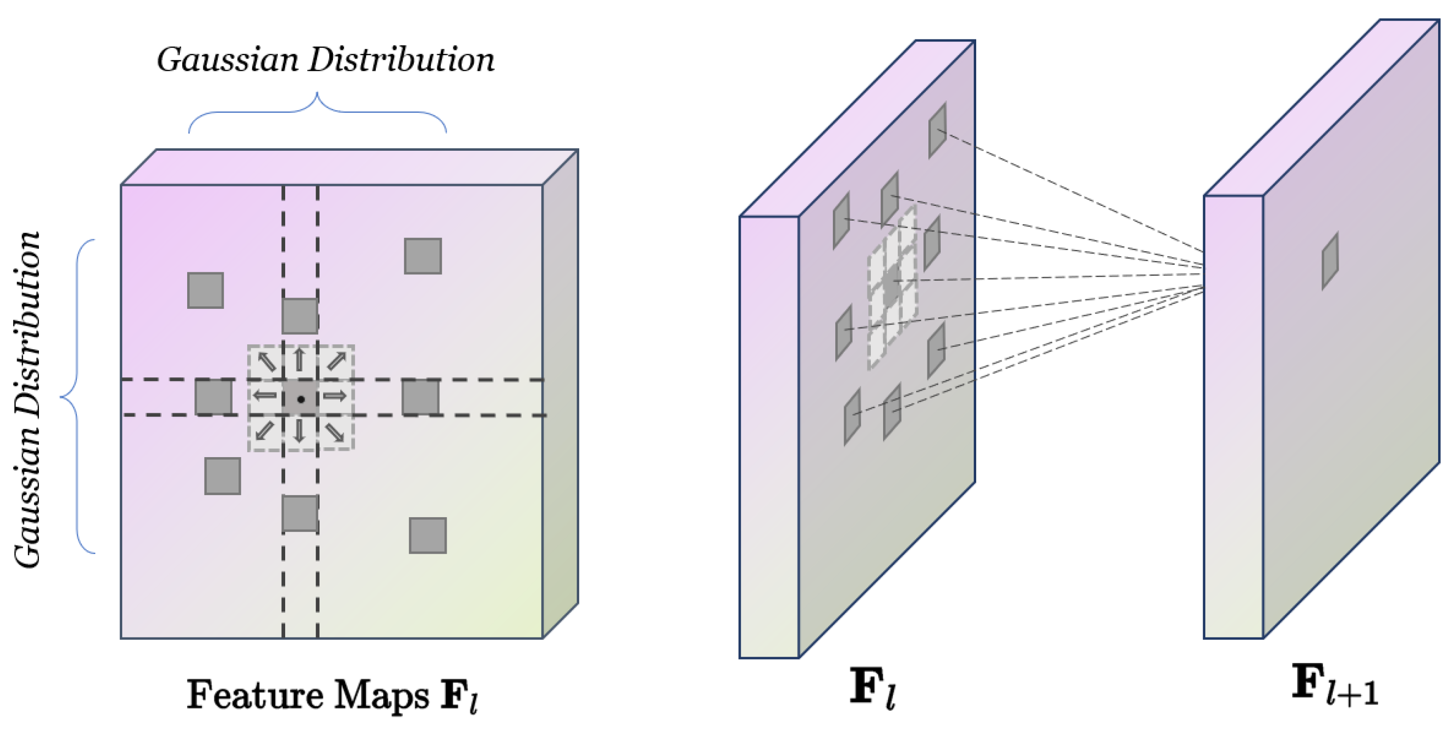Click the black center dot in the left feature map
click(x=301, y=399)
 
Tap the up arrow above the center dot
click(x=299, y=360)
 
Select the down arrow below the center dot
click(x=299, y=432)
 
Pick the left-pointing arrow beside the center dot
click(x=264, y=396)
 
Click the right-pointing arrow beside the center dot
click(x=335, y=396)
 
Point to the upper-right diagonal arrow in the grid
click(x=336, y=361)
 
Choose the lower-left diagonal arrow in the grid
click(x=264, y=431)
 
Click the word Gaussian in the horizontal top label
click(x=228, y=60)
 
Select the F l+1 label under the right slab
click(x=1334, y=685)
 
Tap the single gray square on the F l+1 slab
click(x=1330, y=261)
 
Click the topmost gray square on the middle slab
click(x=937, y=130)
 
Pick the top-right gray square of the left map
click(x=423, y=256)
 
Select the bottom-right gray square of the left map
click(x=428, y=535)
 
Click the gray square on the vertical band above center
click(x=300, y=316)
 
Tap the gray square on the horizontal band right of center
click(x=421, y=397)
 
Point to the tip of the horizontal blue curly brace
click(x=318, y=94)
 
